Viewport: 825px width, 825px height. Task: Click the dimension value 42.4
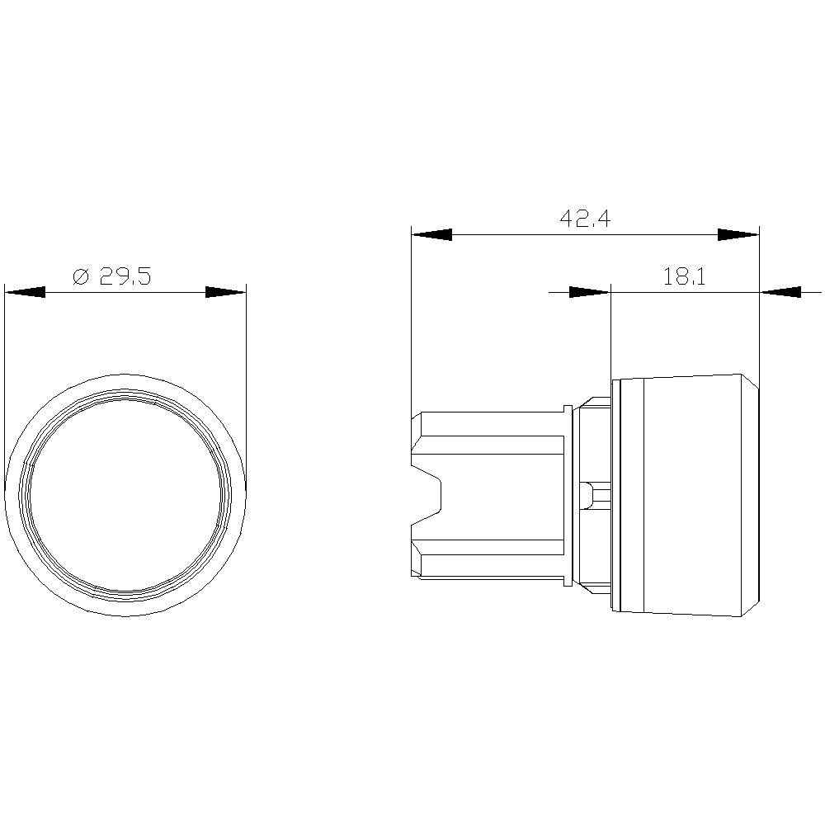coord(585,219)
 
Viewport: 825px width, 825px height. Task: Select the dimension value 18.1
coord(684,276)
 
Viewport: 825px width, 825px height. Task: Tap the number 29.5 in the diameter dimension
coord(125,276)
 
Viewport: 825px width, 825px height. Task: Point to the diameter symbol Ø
coord(81,277)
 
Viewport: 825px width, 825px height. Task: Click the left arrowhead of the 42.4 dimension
coord(431,235)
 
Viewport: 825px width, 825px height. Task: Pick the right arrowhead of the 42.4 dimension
coord(738,235)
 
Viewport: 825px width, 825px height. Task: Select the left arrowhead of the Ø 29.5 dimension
coord(25,292)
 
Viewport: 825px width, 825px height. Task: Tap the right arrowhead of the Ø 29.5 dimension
coord(225,292)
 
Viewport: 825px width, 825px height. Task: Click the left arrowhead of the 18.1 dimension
coord(589,291)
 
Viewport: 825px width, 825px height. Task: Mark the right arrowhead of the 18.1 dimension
coord(780,291)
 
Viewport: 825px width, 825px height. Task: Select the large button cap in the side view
coord(685,495)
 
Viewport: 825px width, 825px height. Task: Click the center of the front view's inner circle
coord(125,495)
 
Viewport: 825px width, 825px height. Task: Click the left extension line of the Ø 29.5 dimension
coord(5,371)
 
